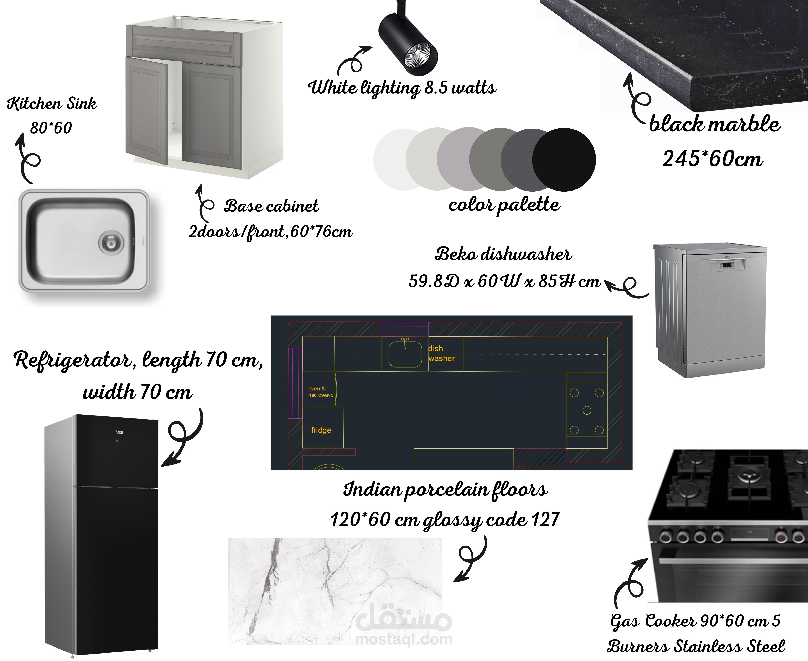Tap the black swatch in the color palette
564,160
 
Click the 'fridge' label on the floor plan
321,430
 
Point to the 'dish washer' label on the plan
441,353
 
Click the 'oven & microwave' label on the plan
321,392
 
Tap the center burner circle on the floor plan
587,410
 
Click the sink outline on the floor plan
405,354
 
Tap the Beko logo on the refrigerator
120,432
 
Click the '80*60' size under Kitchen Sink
51,127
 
